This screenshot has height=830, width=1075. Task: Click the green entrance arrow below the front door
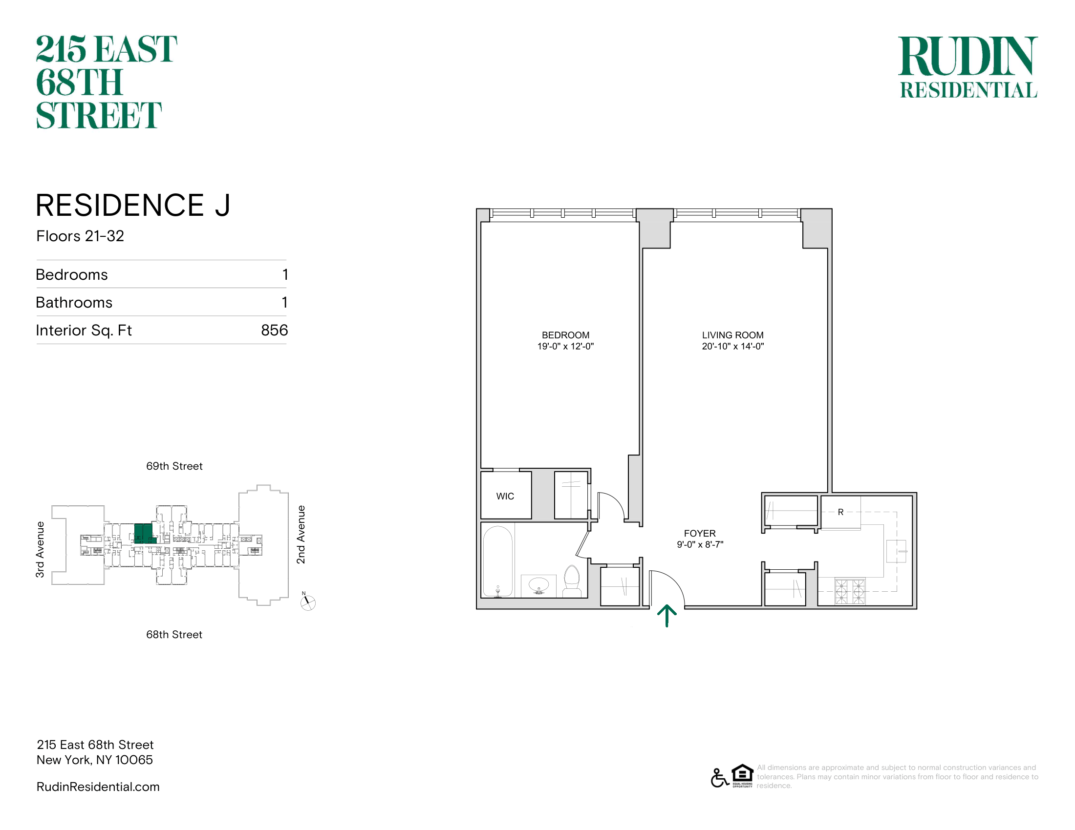click(667, 616)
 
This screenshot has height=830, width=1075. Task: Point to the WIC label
click(505, 496)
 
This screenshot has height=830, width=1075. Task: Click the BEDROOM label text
click(565, 335)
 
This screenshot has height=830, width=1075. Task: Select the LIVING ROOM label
click(733, 335)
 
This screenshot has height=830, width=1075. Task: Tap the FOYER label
click(699, 533)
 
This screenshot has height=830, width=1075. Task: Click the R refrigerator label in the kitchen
click(841, 512)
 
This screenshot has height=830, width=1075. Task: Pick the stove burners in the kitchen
click(850, 592)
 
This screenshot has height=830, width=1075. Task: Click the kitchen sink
click(896, 551)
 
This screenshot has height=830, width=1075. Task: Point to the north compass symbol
click(308, 602)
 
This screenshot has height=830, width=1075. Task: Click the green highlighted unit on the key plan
click(144, 534)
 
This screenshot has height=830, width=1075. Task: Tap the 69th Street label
click(174, 466)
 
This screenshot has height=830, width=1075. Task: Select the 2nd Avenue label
click(301, 535)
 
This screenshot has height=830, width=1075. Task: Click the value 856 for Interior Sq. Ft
click(275, 330)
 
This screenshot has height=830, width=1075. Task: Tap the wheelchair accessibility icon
click(719, 777)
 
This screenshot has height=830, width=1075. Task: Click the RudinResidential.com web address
click(98, 787)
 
